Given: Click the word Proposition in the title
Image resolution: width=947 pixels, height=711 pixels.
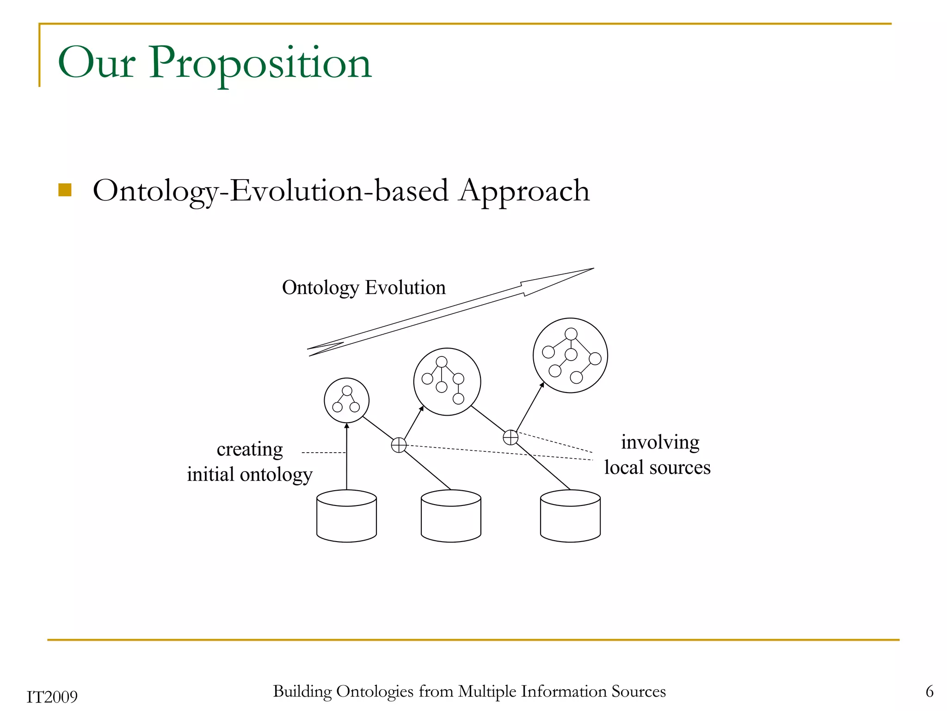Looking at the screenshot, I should pyautogui.click(x=260, y=63).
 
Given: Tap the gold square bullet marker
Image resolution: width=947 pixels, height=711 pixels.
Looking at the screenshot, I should pyautogui.click(x=65, y=190).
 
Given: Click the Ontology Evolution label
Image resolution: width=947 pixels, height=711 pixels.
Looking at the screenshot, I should pyautogui.click(x=364, y=287).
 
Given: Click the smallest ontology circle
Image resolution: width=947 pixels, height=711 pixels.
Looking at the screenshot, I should pyautogui.click(x=346, y=400).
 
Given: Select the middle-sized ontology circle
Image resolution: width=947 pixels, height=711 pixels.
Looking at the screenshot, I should pyautogui.click(x=447, y=381).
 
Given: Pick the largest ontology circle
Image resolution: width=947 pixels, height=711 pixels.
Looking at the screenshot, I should pyautogui.click(x=570, y=355).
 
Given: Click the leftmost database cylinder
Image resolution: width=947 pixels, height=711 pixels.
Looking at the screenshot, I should pyautogui.click(x=346, y=516).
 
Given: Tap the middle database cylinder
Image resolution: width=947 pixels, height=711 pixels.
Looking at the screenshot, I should pyautogui.click(x=451, y=516).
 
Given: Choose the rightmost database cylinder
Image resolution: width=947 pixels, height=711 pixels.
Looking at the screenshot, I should pyautogui.click(x=570, y=516).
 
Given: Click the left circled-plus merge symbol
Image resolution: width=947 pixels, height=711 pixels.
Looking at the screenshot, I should pyautogui.click(x=399, y=445).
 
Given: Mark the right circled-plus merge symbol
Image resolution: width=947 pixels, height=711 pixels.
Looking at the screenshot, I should pyautogui.click(x=510, y=437).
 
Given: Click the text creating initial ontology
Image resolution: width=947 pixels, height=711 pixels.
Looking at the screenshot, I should pyautogui.click(x=250, y=462).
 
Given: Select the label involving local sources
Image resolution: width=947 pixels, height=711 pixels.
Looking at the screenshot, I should pyautogui.click(x=658, y=455).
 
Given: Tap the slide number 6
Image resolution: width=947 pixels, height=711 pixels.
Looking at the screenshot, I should pyautogui.click(x=929, y=692).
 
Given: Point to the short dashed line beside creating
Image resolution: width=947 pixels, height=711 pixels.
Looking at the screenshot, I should pyautogui.click(x=323, y=452).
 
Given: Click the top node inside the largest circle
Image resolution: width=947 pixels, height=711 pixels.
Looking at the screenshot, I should pyautogui.click(x=571, y=334).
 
